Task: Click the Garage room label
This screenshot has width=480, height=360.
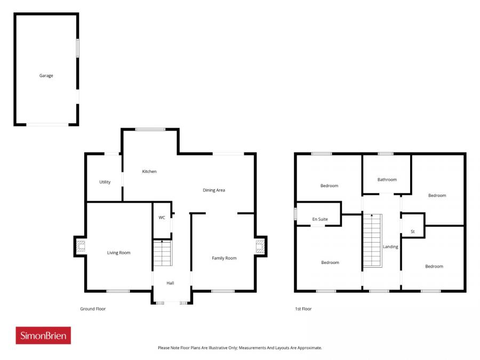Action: pos(46,76)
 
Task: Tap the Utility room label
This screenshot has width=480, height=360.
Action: pos(105,182)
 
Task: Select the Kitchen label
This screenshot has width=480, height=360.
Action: pos(149,171)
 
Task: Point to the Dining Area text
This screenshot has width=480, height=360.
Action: pos(214,190)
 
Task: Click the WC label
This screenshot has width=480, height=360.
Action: pos(162,218)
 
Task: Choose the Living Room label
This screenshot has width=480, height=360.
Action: pos(119,253)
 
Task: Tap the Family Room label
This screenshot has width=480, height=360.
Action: pos(224,258)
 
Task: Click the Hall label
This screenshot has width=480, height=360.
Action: pos(170,283)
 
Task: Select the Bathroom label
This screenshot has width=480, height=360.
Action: pos(387,180)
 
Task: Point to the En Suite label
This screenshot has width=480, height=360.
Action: pos(320,219)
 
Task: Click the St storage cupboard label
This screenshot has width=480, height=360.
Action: pos(412,231)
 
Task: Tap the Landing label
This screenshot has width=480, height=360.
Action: pos(390,247)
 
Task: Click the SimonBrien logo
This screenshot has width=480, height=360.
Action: pos(43,335)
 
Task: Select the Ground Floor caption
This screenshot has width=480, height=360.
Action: pos(93,309)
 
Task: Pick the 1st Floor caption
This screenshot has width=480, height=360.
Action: pos(303,309)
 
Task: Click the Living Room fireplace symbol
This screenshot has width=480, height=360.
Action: pos(80,246)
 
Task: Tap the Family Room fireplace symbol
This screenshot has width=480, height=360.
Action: pos(260,246)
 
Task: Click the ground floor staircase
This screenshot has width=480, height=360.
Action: pos(162,253)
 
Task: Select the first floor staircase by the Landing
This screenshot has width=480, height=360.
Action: pos(372,241)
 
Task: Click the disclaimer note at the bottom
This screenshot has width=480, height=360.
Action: pos(240,348)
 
